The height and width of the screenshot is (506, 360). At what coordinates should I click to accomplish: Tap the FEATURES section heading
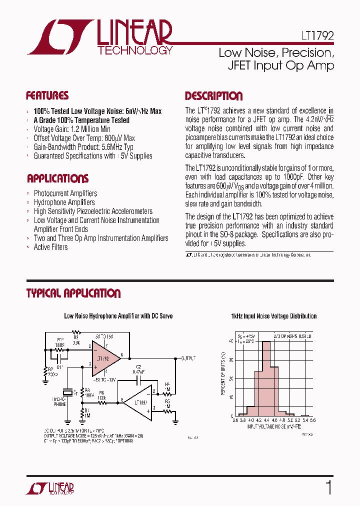[47, 95]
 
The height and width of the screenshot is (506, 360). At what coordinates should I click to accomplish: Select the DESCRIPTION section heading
[213, 96]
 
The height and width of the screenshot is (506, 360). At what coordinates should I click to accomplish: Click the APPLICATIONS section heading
[57, 178]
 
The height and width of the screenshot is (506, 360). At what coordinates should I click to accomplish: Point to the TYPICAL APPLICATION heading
[73, 293]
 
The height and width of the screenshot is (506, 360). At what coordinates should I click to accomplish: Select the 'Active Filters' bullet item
[50, 247]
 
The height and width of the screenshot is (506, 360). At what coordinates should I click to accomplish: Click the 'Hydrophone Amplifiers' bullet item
[64, 202]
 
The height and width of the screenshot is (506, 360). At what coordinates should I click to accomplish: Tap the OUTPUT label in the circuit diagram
[188, 358]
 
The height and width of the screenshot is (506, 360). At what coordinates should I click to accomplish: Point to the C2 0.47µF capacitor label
[138, 369]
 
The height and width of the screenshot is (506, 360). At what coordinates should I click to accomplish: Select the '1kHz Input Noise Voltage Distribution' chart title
[273, 316]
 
